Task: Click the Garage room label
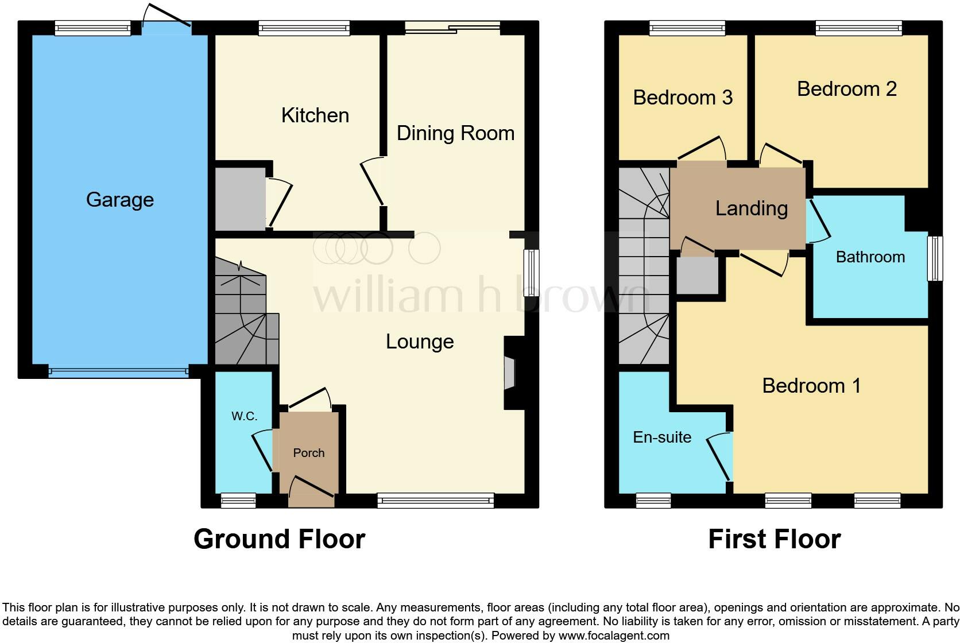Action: [120, 200]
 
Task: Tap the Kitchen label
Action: [315, 115]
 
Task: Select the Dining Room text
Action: [455, 133]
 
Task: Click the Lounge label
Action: [420, 342]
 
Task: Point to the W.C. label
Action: [244, 416]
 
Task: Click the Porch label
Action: [309, 453]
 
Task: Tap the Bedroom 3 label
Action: [683, 98]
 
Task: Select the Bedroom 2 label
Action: [847, 89]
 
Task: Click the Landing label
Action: [751, 208]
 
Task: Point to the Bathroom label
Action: [870, 257]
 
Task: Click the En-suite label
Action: [662, 437]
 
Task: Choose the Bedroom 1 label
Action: [811, 385]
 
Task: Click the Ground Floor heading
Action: [279, 539]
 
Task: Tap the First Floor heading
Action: [774, 539]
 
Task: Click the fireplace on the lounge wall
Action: [510, 374]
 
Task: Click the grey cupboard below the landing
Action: [697, 275]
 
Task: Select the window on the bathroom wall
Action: [935, 258]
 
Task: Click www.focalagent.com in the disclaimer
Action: [613, 636]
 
